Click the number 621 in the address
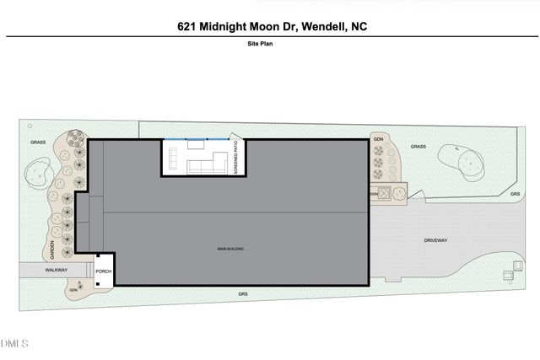(188, 27)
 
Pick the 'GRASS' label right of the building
(418, 147)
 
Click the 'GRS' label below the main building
(242, 293)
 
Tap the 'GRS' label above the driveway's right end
(515, 194)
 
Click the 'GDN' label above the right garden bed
(379, 137)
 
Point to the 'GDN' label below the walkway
(73, 290)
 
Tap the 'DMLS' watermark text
(14, 343)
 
